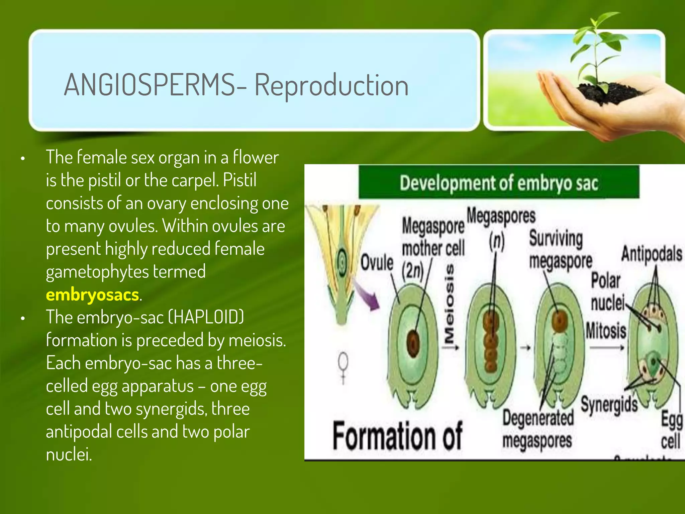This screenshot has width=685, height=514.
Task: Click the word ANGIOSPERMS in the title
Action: (150, 85)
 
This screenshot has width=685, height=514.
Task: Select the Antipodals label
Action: (652, 254)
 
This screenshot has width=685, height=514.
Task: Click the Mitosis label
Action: (606, 331)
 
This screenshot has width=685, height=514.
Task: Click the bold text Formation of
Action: (397, 435)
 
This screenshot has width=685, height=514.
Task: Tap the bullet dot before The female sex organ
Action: (23, 159)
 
